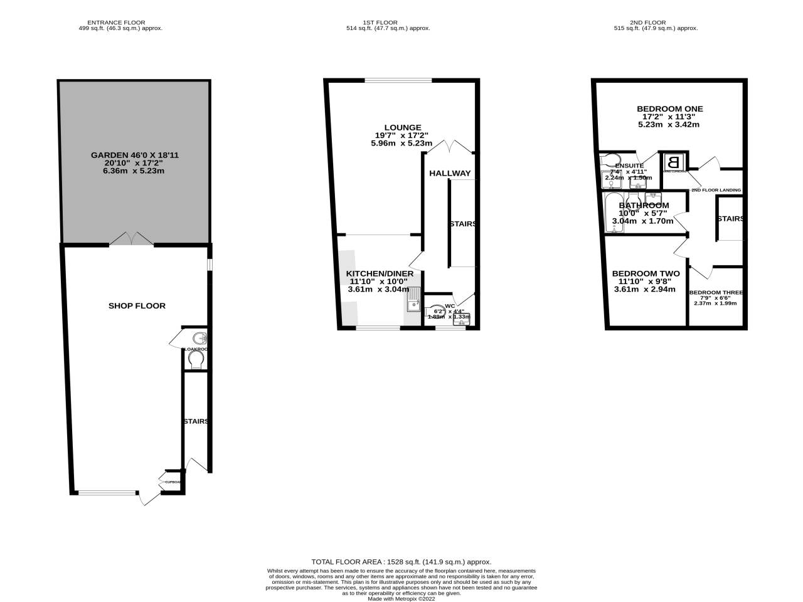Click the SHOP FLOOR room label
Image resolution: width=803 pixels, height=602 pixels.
point(137,306)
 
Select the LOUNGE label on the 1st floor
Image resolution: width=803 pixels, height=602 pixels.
point(402,127)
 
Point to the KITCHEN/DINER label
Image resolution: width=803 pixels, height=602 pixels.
point(380,273)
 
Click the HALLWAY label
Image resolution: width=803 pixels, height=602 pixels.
point(449,174)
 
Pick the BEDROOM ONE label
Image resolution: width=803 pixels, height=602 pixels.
point(669,109)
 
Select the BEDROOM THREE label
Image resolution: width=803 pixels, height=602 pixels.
point(716,292)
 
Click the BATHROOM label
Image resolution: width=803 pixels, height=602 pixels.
point(644,205)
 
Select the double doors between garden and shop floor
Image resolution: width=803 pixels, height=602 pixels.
point(131,239)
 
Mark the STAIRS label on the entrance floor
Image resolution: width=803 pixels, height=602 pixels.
point(196,421)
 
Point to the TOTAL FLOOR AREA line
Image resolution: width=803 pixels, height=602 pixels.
point(401,562)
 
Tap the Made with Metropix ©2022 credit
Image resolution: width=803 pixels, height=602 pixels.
point(401,598)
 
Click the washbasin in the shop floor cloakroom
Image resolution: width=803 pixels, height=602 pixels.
point(198,339)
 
